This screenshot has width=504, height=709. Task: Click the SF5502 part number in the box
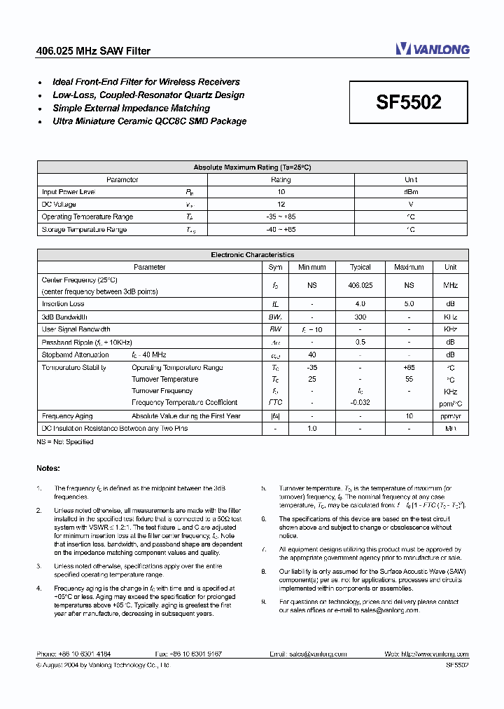408,102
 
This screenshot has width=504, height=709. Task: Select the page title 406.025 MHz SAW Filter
93,50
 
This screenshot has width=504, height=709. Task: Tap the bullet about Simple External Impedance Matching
131,109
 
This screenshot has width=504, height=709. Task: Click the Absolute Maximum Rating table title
252,167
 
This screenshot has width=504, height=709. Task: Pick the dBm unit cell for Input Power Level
411,192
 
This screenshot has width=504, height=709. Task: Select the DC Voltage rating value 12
281,205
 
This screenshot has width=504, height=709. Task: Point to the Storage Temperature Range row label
84,230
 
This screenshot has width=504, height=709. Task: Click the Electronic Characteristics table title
252,255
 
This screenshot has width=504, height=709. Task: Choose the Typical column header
360,267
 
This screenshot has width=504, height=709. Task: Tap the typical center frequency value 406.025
360,285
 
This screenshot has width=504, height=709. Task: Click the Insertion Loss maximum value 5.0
409,304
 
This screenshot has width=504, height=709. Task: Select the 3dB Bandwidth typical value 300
360,317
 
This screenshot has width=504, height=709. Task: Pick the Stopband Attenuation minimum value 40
312,354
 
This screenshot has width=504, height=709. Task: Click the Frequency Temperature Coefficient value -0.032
360,403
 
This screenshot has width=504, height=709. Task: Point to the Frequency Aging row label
67,415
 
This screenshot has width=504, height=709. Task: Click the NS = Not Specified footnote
65,442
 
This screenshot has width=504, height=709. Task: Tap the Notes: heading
48,468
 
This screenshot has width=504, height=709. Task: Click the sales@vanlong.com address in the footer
318,654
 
